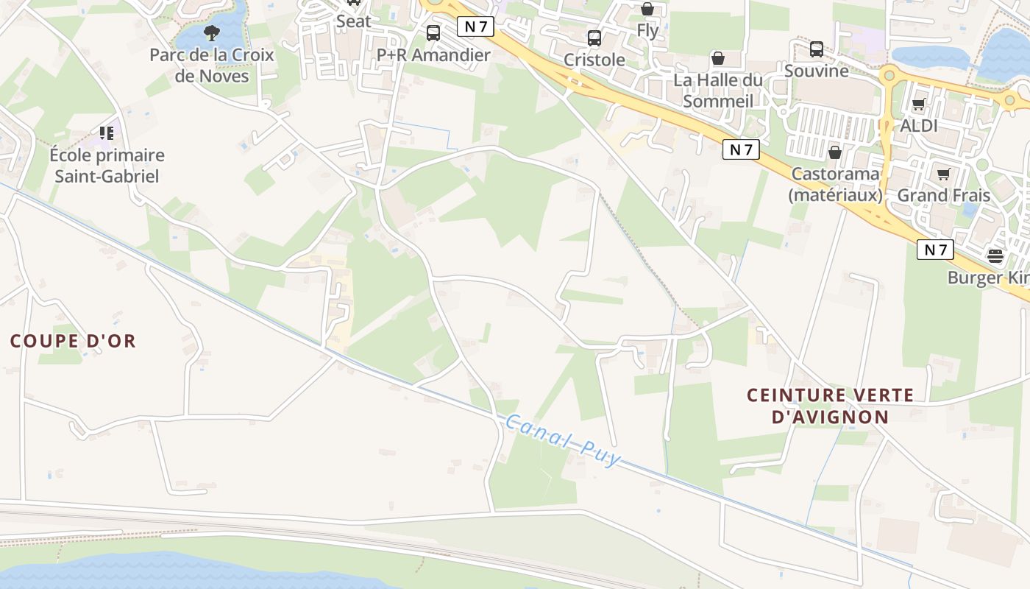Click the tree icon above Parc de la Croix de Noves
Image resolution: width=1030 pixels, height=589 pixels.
(212, 32)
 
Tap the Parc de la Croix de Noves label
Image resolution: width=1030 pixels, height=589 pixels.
(212, 65)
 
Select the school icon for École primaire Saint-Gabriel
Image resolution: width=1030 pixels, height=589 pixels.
(107, 133)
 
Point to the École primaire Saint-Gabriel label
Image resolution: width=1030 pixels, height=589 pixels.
(107, 166)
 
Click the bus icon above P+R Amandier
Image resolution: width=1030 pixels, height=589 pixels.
(433, 33)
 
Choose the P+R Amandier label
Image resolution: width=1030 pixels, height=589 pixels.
(433, 55)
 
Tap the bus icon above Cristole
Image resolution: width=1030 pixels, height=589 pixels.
(594, 38)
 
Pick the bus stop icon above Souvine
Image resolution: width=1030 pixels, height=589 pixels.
(817, 49)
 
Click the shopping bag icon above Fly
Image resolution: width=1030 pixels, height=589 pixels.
(647, 9)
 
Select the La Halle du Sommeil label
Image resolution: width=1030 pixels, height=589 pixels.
(718, 90)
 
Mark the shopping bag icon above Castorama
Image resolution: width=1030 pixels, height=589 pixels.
(835, 152)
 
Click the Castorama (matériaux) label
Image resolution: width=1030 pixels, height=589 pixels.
(835, 184)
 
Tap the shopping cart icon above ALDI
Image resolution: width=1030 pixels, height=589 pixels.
(918, 105)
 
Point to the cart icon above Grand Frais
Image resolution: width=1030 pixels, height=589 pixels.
(944, 174)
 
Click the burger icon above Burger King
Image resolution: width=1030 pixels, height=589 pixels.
(995, 256)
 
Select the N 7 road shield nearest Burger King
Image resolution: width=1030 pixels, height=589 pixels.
(935, 250)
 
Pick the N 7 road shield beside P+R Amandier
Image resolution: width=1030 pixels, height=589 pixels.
(475, 27)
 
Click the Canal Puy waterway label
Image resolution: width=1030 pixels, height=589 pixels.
(564, 440)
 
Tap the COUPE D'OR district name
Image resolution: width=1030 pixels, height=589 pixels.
(74, 341)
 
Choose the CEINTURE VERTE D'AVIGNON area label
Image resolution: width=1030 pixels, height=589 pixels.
(831, 406)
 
